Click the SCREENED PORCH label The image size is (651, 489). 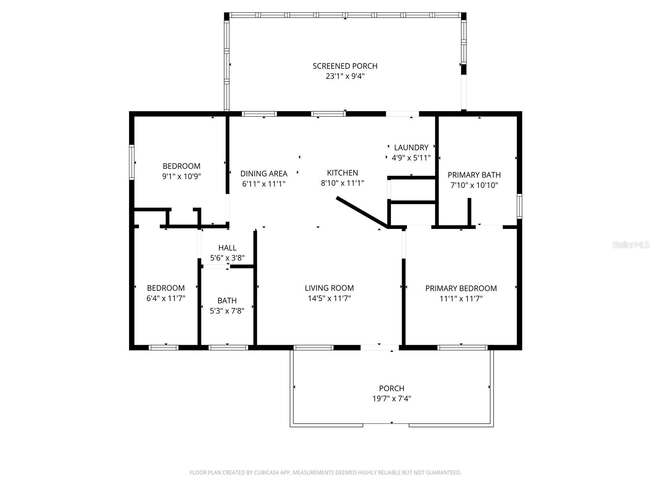click(x=345, y=66)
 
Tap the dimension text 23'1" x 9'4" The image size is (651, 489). click(x=345, y=76)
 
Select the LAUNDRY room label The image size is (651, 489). click(x=411, y=148)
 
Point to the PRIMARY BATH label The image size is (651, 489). click(x=474, y=175)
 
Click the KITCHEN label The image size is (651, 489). click(x=342, y=173)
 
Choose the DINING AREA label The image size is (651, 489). click(x=264, y=174)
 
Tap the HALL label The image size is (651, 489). click(x=227, y=248)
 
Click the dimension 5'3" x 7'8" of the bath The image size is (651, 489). click(x=227, y=311)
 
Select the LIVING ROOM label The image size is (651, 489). click(x=329, y=288)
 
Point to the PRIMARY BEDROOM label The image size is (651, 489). click(x=461, y=289)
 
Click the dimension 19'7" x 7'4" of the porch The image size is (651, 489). click(x=391, y=399)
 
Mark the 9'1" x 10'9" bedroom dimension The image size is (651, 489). click(x=181, y=176)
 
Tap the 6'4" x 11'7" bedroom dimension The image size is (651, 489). click(x=166, y=298)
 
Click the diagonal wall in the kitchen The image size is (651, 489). click(x=361, y=211)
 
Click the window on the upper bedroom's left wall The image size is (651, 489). click(x=132, y=162)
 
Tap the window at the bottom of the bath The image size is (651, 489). click(x=228, y=348)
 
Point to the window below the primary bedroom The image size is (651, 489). click(x=462, y=348)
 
